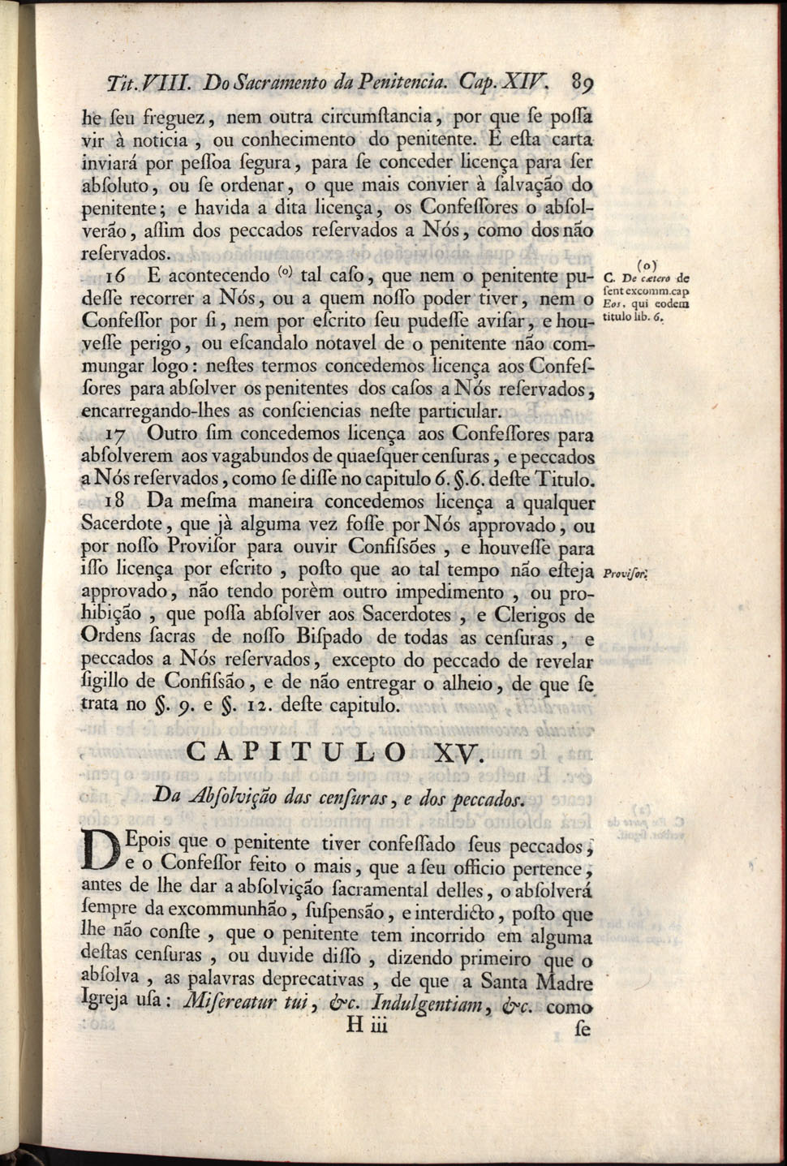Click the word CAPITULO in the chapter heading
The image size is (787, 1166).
coord(296,751)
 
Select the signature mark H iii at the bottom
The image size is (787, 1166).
coord(368,1026)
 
